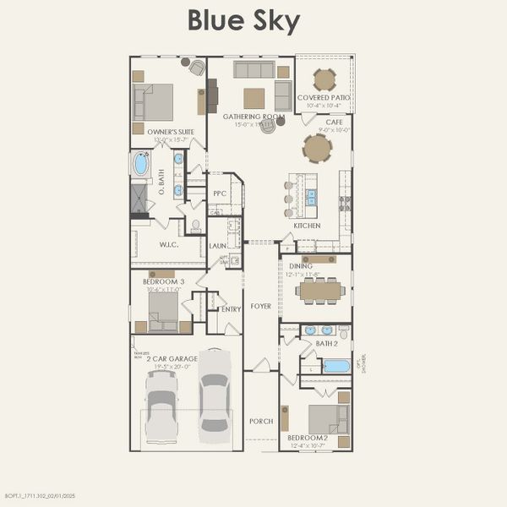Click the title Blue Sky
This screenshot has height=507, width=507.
pos(243,21)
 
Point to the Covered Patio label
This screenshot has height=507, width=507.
pos(324,98)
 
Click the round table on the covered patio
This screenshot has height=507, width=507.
pos(324,79)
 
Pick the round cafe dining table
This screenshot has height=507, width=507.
pos(318,149)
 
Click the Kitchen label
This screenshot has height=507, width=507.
pos(307,226)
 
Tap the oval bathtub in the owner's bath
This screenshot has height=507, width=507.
pos(141,164)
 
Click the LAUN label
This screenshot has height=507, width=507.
pos(216,246)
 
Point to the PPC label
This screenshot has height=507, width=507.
pos(220,194)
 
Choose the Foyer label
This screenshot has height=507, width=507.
pos(261,306)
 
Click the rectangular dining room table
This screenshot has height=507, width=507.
pos(321,291)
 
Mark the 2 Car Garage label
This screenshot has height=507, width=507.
pos(172,358)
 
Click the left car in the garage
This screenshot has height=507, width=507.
pos(161,406)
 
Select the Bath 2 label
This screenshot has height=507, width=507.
pos(327,343)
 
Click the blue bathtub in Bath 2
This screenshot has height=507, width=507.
pos(335,367)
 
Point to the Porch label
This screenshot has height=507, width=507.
pos(261,420)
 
